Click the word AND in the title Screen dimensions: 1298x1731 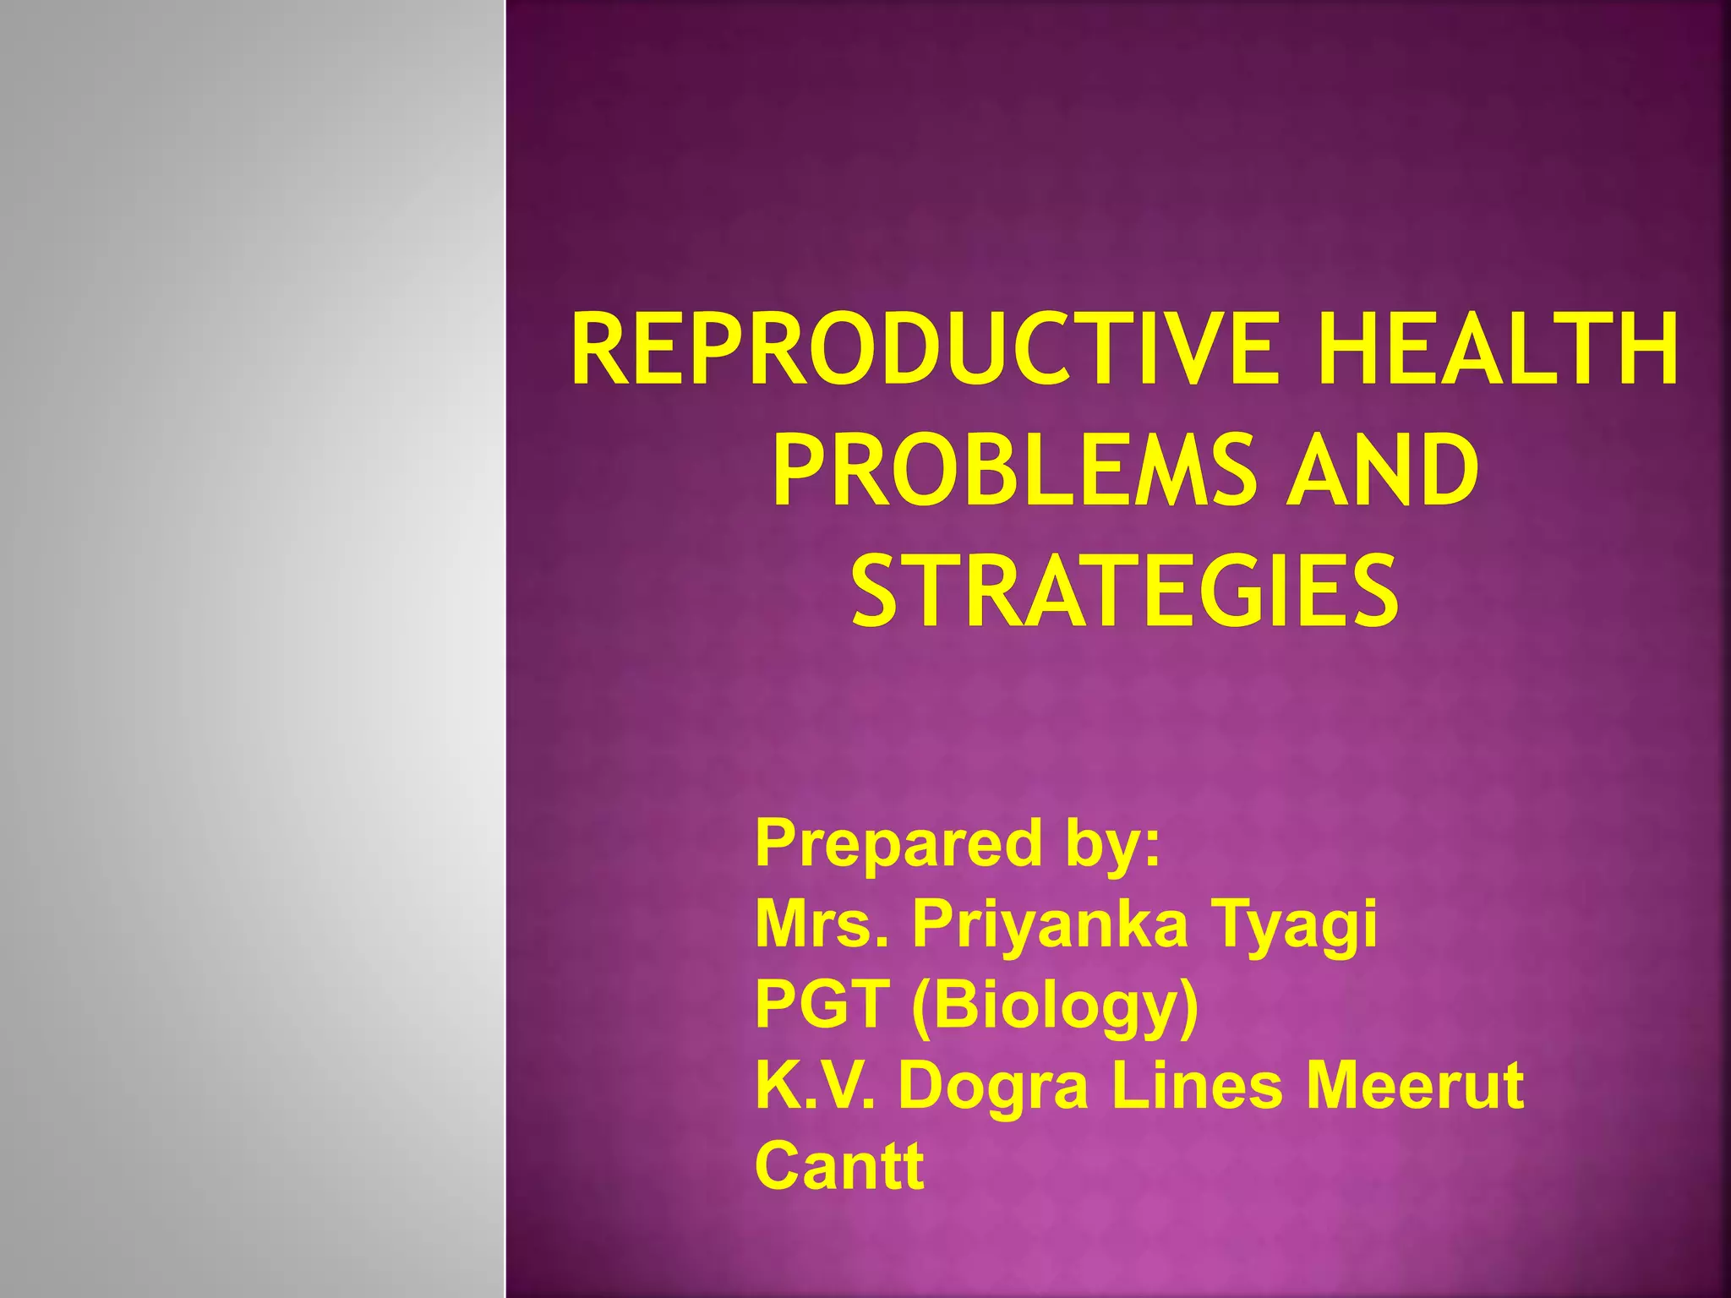click(1383, 470)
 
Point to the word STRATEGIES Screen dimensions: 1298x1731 click(1125, 591)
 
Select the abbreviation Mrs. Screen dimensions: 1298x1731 click(821, 924)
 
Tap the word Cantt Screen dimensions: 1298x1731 click(839, 1165)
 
